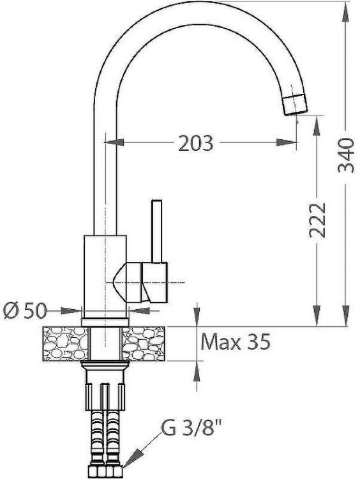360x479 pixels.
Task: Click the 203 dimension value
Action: coord(196,143)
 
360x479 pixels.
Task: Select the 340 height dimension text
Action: coord(346,155)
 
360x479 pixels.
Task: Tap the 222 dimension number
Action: coord(317,220)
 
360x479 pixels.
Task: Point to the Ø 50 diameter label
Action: coord(25,311)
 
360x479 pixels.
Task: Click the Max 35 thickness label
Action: coord(236,342)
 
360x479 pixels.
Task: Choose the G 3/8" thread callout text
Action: coord(191,429)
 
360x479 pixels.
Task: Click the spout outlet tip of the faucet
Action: coord(296,105)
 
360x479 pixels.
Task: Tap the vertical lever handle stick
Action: coord(156,231)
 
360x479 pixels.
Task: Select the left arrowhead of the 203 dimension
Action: coord(114,142)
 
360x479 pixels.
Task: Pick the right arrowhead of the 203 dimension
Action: coord(287,142)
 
